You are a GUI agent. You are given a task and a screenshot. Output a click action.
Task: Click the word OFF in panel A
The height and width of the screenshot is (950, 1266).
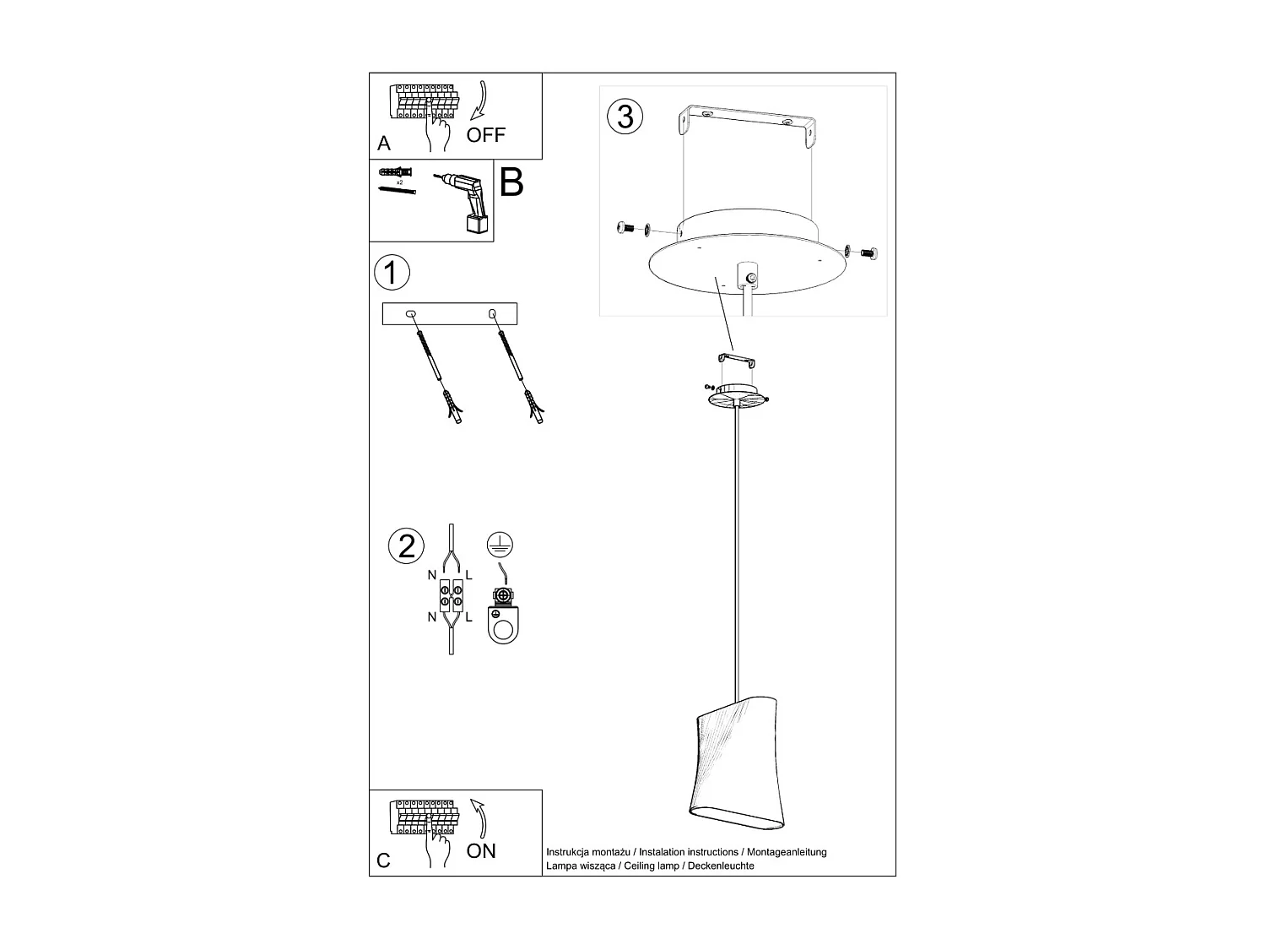pos(485,135)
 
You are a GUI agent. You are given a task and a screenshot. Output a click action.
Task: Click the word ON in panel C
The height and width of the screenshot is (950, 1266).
pos(481,850)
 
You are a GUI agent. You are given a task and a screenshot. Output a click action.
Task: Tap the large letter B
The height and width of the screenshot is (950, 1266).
pos(511,182)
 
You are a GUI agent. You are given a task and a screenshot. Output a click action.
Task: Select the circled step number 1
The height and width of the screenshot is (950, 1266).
pos(391,273)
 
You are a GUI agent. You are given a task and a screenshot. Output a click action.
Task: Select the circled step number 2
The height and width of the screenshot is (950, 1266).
pos(407,546)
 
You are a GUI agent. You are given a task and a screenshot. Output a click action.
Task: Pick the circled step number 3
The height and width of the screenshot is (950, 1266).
pos(625,116)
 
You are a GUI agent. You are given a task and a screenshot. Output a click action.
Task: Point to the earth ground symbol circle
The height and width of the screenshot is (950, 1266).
pos(500,545)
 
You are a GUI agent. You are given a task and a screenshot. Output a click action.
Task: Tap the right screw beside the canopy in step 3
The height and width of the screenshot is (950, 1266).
pos(868,251)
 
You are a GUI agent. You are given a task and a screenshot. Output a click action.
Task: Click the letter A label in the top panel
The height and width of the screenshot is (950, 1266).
pos(384,144)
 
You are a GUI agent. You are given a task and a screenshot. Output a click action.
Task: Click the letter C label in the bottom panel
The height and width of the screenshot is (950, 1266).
pos(384,860)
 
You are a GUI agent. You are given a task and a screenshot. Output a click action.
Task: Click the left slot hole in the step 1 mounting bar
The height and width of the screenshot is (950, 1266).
pos(411,314)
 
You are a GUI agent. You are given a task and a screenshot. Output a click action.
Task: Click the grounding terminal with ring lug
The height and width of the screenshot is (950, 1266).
pos(503,616)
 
